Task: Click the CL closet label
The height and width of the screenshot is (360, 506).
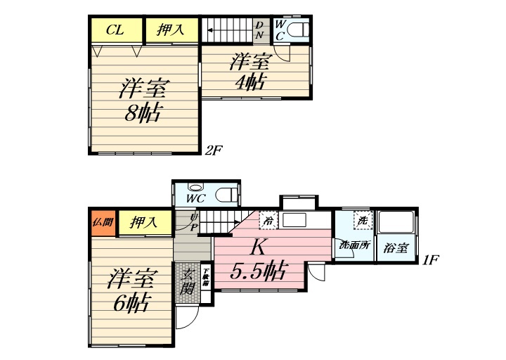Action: [x=116, y=30]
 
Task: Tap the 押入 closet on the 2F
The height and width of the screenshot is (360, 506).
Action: [x=171, y=30]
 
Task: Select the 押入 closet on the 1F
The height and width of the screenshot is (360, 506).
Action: [x=143, y=224]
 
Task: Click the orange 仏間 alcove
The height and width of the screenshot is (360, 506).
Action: [x=103, y=223]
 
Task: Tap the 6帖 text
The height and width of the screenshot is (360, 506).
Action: [x=131, y=304]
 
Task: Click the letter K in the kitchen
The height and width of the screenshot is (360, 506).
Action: [x=257, y=247]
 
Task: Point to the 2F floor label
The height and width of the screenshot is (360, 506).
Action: [x=214, y=150]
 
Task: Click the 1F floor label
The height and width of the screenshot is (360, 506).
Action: [x=430, y=259]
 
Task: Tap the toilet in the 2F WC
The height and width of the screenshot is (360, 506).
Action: [x=298, y=30]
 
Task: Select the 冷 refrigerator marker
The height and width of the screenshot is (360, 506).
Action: [x=268, y=221]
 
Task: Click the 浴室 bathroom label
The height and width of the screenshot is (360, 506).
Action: [x=396, y=247]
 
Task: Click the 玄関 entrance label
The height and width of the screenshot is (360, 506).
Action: [x=187, y=280]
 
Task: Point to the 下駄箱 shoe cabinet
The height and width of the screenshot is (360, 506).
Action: [x=206, y=276]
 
